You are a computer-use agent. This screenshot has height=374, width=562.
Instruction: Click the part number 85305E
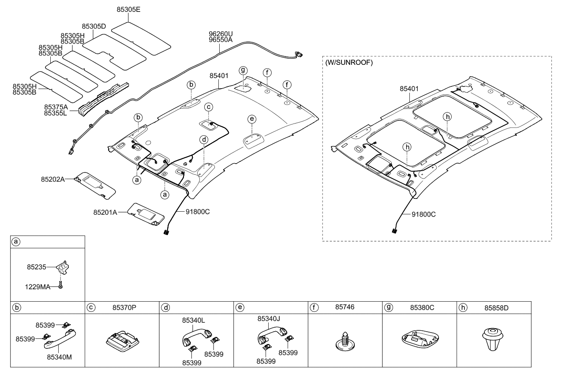pos(128,9)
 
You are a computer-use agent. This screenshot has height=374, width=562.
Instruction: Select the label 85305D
pos(94,26)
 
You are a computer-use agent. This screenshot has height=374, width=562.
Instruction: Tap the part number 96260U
pos(221,34)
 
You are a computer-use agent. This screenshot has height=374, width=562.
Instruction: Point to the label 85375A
pos(56,107)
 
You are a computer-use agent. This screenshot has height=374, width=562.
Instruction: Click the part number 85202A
pos(53,180)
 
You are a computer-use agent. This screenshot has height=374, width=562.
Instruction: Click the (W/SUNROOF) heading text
pos(349,63)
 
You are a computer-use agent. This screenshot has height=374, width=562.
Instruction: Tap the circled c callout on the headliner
pos(209,106)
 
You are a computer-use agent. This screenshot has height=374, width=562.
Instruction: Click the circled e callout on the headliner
pos(251,119)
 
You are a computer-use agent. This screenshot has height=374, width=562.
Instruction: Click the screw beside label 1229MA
pos(61,286)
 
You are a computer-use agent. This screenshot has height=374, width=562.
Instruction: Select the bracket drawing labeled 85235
pos(65,267)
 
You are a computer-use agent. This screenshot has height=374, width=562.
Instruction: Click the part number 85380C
pos(422,307)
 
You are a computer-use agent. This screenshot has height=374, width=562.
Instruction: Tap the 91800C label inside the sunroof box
pos(424,214)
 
